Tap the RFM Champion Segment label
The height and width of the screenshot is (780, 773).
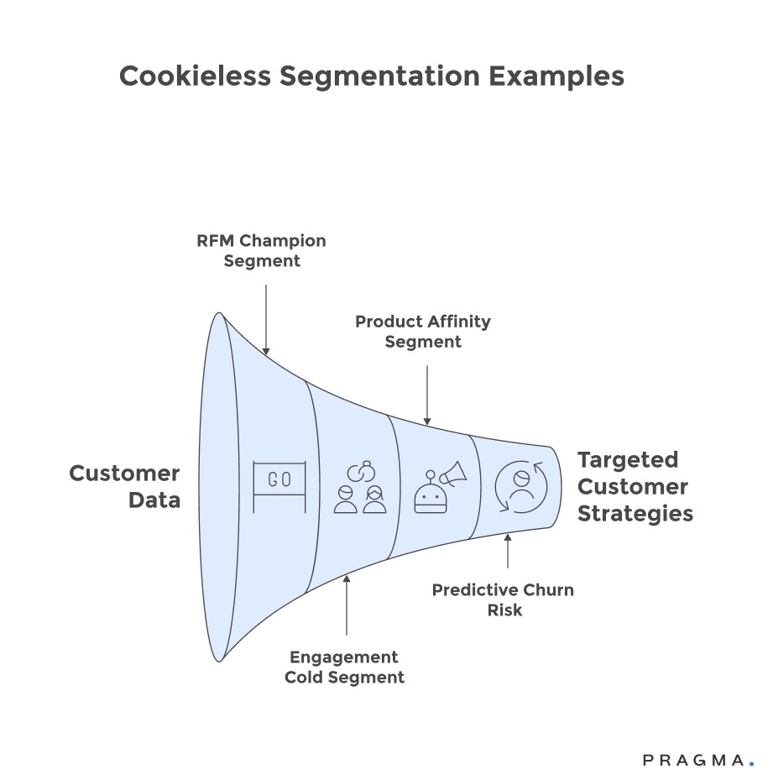point(261,251)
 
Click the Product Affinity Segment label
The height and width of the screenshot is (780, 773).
point(422,332)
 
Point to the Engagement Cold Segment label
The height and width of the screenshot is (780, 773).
point(344,667)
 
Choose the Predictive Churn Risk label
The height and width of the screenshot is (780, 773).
point(503,599)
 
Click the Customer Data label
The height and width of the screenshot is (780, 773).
point(124,487)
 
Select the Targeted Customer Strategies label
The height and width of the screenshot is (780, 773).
point(635,486)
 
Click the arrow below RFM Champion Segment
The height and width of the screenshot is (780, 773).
point(265,319)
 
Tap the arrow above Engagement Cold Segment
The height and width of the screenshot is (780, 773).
point(346,605)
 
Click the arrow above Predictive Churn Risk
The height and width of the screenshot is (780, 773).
point(507,553)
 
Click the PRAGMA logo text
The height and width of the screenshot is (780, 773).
point(693,761)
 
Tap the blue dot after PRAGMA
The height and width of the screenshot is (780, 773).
point(751,765)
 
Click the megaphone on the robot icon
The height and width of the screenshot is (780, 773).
point(451,475)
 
